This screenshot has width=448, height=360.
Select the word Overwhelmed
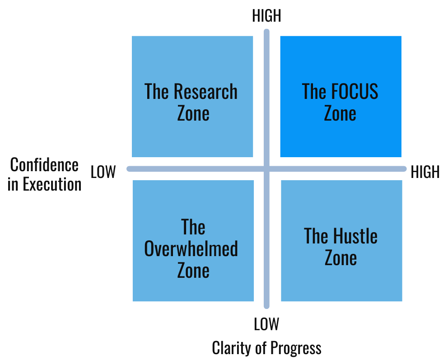click(191, 249)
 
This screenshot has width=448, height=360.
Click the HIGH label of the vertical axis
click(266, 16)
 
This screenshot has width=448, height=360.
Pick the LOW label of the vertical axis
click(266, 324)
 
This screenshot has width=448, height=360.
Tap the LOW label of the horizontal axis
click(103, 172)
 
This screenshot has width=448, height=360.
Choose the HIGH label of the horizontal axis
click(425, 172)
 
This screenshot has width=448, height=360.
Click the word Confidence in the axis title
click(44, 165)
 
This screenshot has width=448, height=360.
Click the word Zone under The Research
click(193, 113)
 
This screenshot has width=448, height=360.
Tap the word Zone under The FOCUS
click(340, 113)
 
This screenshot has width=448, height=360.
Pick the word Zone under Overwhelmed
click(193, 271)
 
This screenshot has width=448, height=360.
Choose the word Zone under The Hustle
click(341, 258)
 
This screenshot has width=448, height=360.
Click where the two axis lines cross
click(266, 169)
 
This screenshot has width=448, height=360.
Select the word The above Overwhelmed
click(193, 227)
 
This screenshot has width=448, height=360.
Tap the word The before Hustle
click(316, 236)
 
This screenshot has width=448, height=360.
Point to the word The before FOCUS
click(314, 92)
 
